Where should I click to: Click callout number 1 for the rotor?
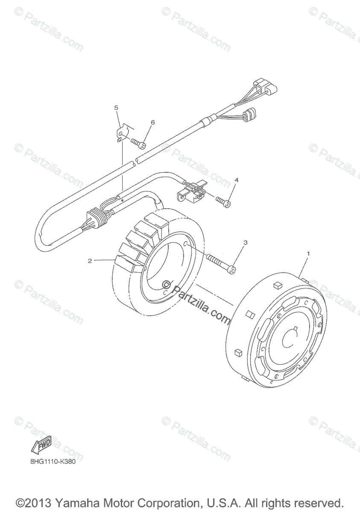click(308, 253)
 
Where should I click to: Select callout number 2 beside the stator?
click(90, 261)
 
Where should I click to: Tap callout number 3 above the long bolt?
click(245, 242)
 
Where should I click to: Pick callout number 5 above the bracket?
click(116, 108)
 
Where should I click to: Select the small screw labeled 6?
click(138, 143)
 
